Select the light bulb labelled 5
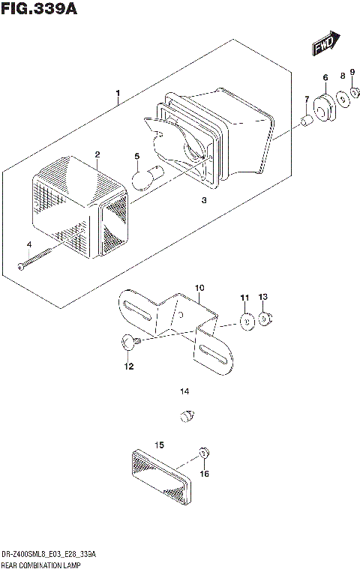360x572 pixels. (142, 178)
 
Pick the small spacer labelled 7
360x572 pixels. (306, 121)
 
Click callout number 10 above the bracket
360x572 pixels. (199, 288)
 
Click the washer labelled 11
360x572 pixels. (244, 322)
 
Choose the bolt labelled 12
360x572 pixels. (127, 343)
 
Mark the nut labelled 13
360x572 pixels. (265, 320)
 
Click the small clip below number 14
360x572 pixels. (187, 414)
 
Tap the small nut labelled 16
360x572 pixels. (203, 453)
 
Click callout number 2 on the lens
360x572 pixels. (97, 154)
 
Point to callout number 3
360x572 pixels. (203, 201)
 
